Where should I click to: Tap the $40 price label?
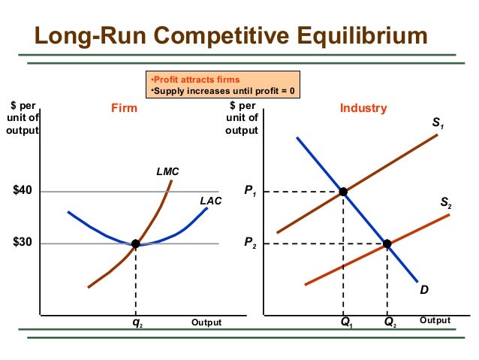[x=23, y=191]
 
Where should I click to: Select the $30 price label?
[x=23, y=244]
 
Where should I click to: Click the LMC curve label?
[x=167, y=171]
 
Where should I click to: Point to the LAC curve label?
[x=210, y=201]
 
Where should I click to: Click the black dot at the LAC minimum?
[x=136, y=244]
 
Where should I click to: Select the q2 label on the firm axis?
[x=137, y=324]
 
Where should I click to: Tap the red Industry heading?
[x=363, y=109]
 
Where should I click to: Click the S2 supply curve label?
[x=445, y=204]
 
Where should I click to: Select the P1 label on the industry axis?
[x=251, y=193]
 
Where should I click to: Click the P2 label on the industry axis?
[x=251, y=244]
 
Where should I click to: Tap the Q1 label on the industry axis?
[x=346, y=323]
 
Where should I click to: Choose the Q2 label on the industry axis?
[x=390, y=323]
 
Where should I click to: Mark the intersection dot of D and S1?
[x=343, y=192]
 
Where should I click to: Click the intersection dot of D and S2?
[x=387, y=244]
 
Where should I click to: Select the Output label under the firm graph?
[x=206, y=322]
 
